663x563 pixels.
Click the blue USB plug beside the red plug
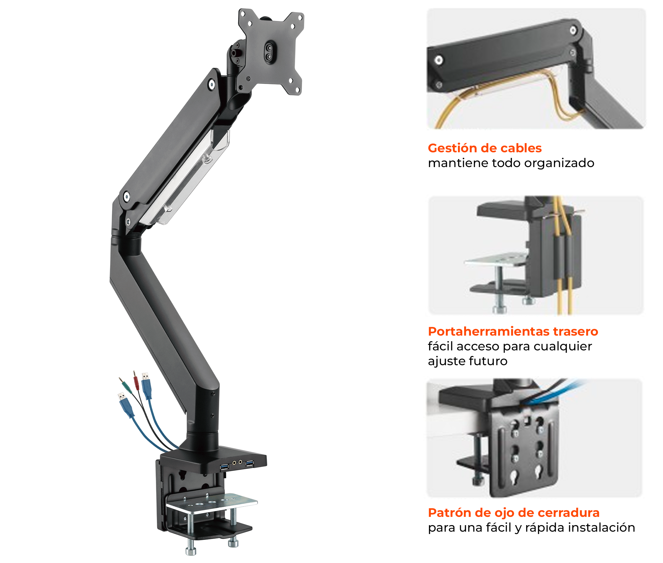pyautogui.click(x=146, y=386)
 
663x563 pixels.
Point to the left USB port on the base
pyautogui.click(x=224, y=467)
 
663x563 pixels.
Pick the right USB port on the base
pyautogui.click(x=249, y=463)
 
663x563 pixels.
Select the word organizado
pyautogui.click(x=559, y=163)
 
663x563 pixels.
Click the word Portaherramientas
pyautogui.click(x=488, y=331)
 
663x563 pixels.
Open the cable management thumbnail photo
pyautogui.click(x=536, y=69)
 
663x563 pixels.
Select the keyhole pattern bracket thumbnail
pyautogui.click(x=534, y=438)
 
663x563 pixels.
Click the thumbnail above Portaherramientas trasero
pyautogui.click(x=536, y=255)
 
